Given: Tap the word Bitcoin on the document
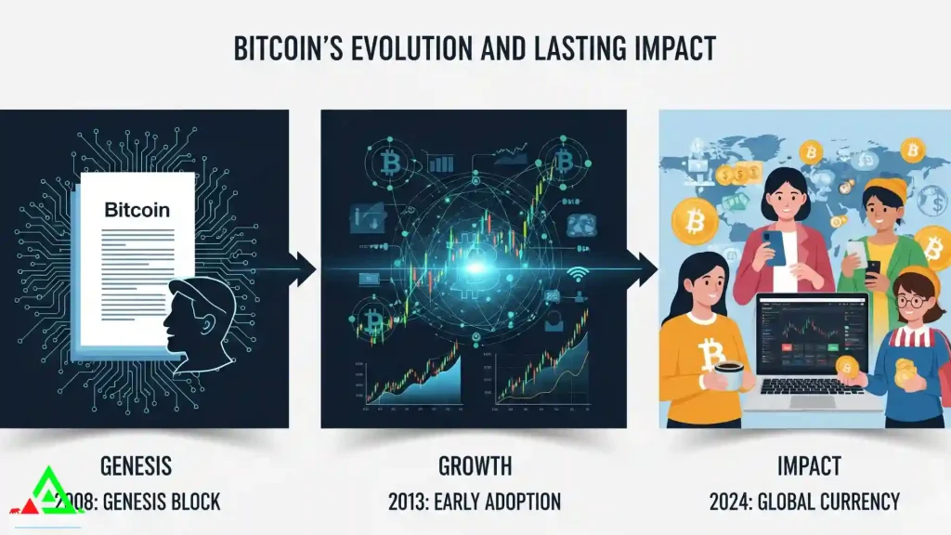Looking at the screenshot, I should click(137, 210).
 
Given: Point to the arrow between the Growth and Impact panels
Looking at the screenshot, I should click(643, 269).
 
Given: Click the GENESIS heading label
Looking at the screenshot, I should click(135, 464).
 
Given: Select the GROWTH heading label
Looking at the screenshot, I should click(475, 464).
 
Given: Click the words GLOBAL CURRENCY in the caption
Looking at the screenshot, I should click(835, 502).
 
